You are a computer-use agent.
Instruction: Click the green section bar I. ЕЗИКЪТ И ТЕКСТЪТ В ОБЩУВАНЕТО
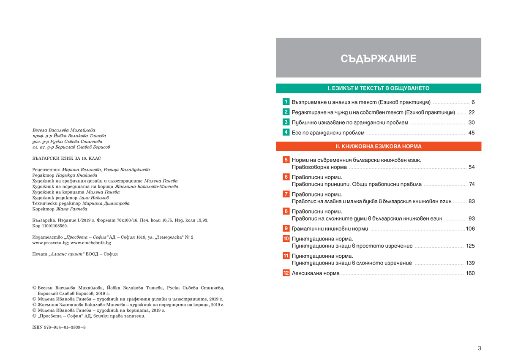(378, 88)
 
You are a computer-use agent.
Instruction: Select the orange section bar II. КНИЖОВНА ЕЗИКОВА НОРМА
(378, 147)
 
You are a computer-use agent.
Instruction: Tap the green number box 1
(286, 102)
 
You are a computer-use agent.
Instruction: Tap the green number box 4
(286, 133)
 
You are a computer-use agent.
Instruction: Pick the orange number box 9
(286, 229)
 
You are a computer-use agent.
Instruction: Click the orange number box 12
(286, 273)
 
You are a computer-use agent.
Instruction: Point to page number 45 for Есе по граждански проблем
(472, 133)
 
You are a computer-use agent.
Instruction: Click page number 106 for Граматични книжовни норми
(470, 229)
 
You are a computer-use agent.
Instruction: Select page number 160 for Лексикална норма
(470, 273)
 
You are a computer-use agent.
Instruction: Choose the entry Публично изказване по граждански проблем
(350, 123)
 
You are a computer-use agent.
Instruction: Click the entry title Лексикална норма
(316, 273)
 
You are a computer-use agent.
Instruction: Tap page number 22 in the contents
(472, 112)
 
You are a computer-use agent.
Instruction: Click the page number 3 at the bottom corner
(479, 349)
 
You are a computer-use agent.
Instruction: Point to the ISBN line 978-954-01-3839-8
(59, 327)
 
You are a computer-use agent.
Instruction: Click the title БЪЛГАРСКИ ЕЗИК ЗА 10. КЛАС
(67, 158)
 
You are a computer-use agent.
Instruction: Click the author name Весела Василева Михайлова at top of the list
(64, 130)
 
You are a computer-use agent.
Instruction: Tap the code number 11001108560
(49, 226)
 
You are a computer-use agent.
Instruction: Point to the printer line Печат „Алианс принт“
(75, 254)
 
